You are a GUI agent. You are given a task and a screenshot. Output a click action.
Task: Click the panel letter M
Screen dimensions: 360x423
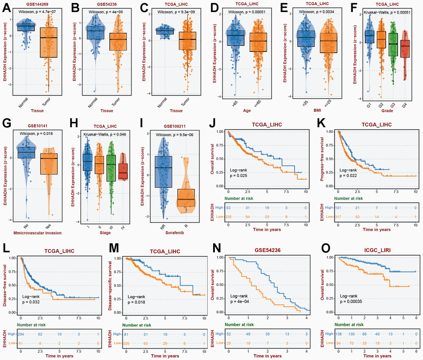[x=112, y=249]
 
